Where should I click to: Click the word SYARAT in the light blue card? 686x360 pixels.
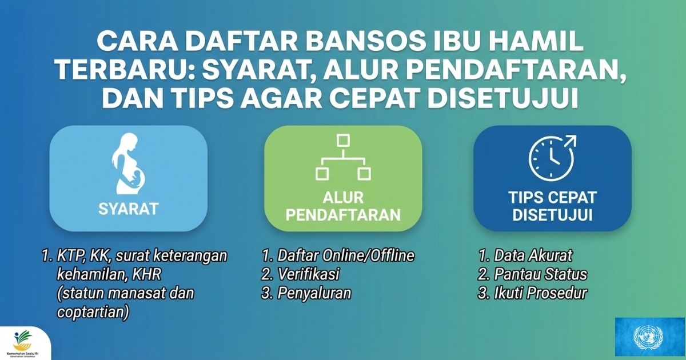pos(128,209)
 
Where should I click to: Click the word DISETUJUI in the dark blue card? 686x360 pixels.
pos(552,215)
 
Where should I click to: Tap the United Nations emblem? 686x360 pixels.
pos(650,337)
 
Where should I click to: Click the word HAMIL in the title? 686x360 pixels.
pos(539,42)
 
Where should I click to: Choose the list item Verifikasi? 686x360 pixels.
pos(308,274)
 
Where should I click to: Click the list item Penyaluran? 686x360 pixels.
pos(314,293)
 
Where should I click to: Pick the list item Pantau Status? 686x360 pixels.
pos(540,274)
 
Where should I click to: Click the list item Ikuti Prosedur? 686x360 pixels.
pos(541,293)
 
